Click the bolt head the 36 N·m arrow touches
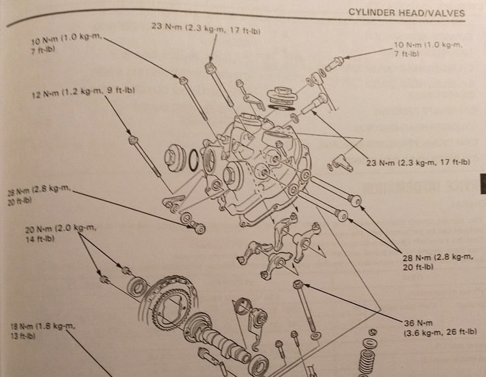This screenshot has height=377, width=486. click(x=298, y=285)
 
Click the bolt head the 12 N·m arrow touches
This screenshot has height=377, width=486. click(x=133, y=139)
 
